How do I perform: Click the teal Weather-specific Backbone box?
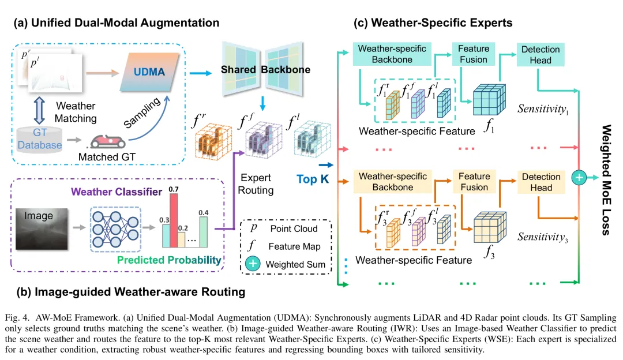384,54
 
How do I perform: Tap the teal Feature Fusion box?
473,54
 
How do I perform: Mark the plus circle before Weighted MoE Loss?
578,178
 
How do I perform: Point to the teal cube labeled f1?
490,102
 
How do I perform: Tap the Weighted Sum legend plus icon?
253,264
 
